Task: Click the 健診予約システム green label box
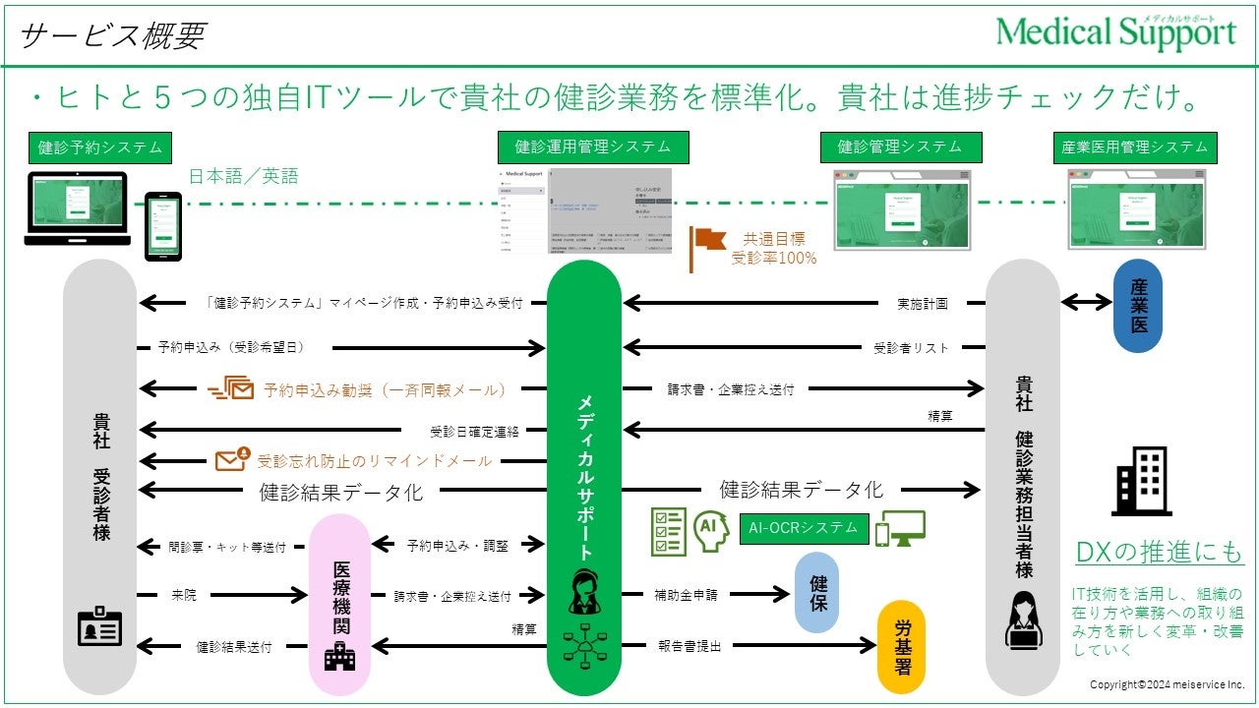coord(99,147)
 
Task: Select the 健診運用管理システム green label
coord(592,147)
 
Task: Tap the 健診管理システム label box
coord(900,147)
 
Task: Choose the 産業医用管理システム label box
coord(1134,147)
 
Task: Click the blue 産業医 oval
coord(1137,306)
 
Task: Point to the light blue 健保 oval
coord(817,592)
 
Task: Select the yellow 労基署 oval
coord(901,646)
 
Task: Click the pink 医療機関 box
coord(340,598)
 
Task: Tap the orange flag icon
coord(707,244)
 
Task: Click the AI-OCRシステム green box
coord(804,528)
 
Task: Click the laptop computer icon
coord(78,207)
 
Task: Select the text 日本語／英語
coord(243,177)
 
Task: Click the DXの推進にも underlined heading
coord(1159,554)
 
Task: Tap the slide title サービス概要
coord(111,35)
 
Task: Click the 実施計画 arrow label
coord(923,304)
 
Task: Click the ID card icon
coord(99,627)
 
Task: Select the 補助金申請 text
coord(686,595)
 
